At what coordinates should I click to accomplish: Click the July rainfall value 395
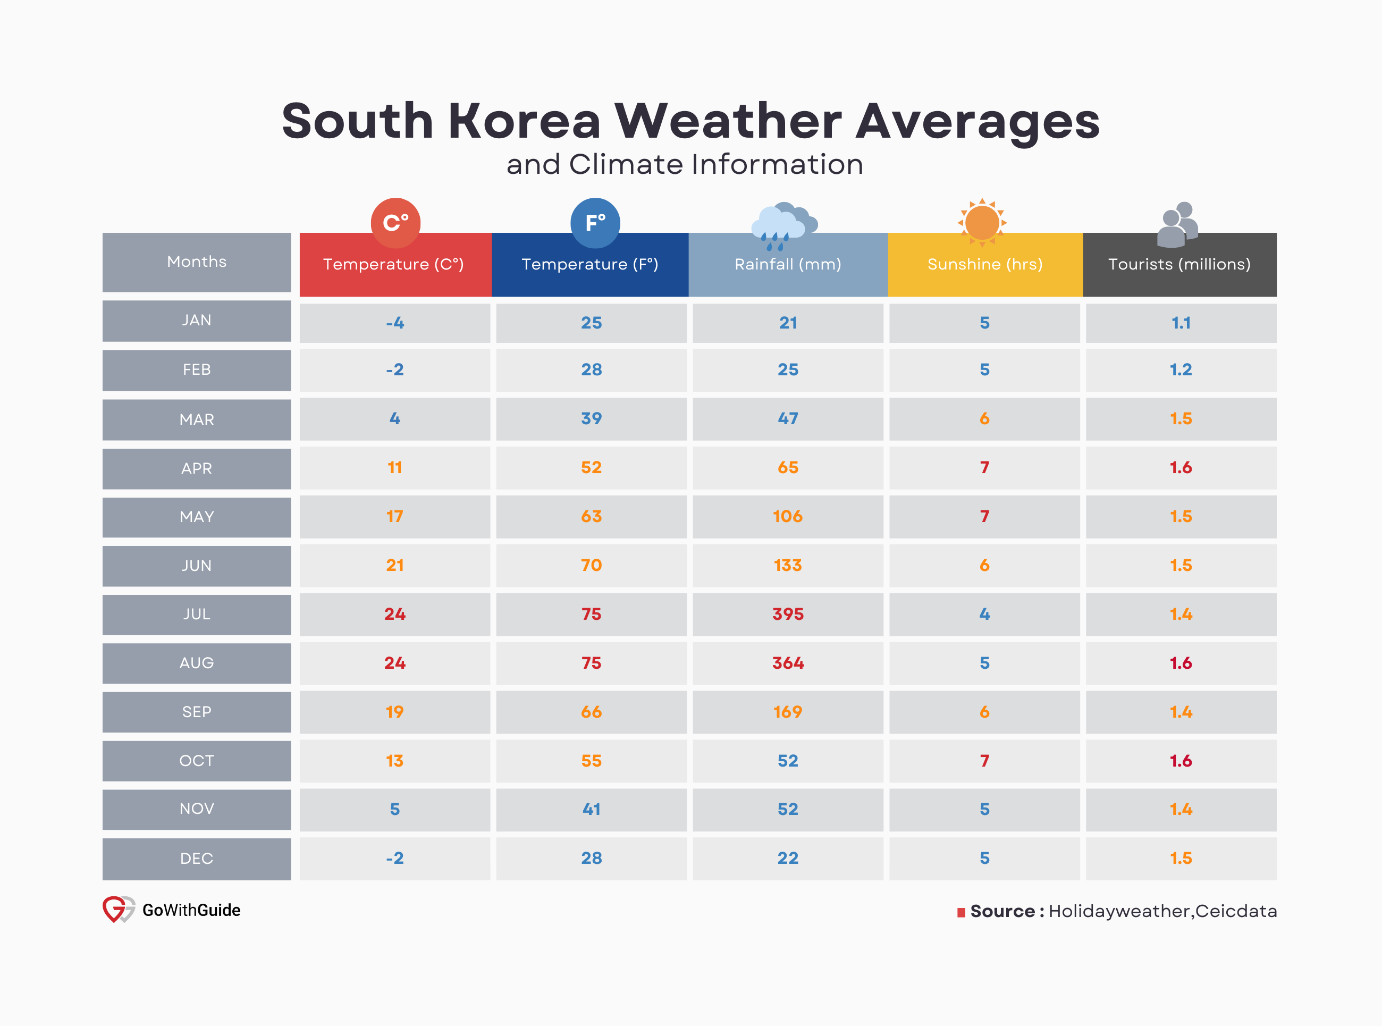click(x=787, y=614)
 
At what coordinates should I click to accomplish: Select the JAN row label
click(x=196, y=321)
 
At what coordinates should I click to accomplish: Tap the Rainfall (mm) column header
click(x=787, y=265)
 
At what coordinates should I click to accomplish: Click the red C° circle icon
click(x=395, y=222)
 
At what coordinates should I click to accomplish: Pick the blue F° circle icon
click(x=595, y=222)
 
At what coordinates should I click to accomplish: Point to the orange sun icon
click(x=982, y=222)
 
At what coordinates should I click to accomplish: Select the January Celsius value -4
click(x=395, y=323)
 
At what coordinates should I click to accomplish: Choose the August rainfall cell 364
click(x=787, y=663)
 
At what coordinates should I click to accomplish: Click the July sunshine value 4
click(x=984, y=614)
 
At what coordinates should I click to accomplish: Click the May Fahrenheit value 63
click(x=591, y=517)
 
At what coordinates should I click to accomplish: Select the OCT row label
click(x=196, y=761)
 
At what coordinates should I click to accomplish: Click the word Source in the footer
click(x=1002, y=911)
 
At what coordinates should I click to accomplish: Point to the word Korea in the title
click(x=525, y=121)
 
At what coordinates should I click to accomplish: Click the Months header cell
click(x=196, y=262)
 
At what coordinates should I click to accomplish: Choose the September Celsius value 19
click(x=395, y=712)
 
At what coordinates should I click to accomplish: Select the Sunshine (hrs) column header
click(x=984, y=265)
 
